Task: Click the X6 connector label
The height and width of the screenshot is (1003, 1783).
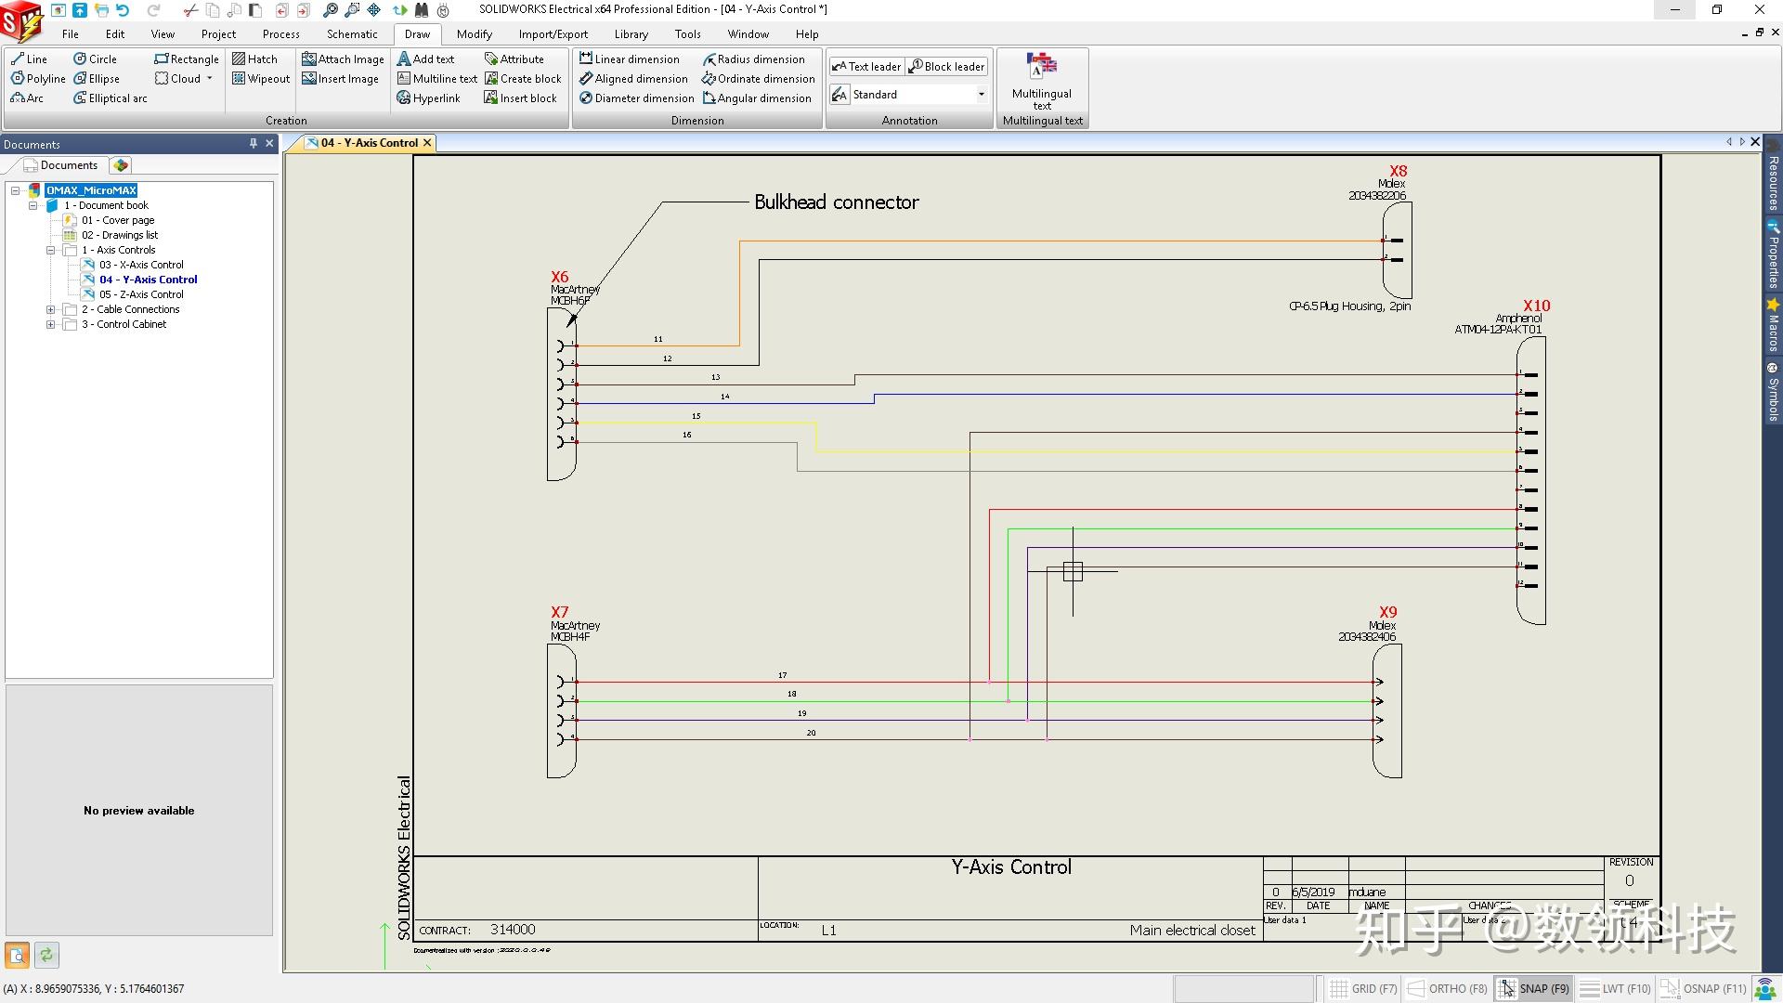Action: (559, 277)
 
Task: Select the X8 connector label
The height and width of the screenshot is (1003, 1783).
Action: (1398, 171)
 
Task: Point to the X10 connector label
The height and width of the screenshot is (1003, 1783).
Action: (1536, 306)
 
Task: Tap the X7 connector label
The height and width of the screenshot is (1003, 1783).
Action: (559, 612)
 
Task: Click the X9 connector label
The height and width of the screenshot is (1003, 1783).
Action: (1387, 612)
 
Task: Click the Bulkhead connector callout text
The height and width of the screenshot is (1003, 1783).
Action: (836, 202)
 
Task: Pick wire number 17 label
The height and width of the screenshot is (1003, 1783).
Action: (782, 675)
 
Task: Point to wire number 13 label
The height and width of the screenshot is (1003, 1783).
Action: (715, 377)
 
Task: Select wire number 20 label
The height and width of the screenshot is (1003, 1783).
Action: (811, 733)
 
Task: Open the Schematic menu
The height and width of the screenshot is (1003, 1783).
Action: (352, 34)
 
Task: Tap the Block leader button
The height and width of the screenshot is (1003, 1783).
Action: (946, 67)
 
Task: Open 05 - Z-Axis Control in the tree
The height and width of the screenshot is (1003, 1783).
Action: (141, 294)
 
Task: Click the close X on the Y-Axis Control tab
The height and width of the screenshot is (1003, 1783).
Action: (427, 143)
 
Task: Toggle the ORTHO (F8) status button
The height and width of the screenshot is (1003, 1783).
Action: (1449, 988)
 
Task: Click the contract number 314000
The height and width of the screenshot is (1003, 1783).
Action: (513, 930)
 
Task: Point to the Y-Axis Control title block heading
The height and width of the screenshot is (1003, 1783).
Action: (1010, 867)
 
